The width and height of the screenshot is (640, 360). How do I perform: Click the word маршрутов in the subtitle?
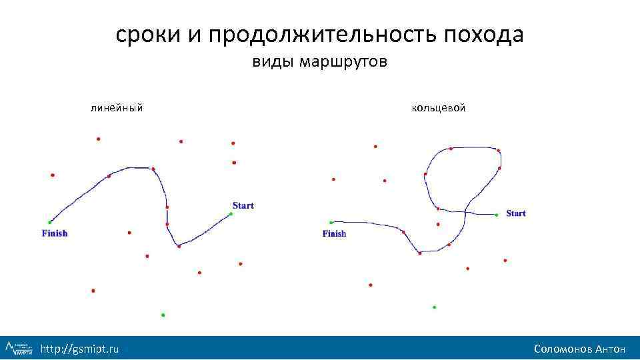343,63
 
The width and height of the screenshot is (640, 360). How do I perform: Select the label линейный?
117,107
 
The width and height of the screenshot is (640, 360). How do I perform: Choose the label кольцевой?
439,107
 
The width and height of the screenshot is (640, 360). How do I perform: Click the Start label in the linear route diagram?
243,205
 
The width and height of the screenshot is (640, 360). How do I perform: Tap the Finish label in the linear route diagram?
55,233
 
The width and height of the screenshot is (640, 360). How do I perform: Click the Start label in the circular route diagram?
516,213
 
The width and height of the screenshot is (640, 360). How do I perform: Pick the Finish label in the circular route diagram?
335,234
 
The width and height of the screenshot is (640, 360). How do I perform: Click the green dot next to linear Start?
231,214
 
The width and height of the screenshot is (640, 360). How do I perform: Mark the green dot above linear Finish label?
49,222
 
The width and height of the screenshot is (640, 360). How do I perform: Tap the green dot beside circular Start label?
497,215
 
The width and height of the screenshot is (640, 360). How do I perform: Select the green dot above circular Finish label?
331,223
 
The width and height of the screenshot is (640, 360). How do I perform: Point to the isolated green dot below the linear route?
163,315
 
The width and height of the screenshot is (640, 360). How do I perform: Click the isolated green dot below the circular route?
434,307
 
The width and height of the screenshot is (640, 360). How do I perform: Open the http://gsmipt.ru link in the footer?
80,349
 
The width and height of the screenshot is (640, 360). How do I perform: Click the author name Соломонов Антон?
579,349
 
